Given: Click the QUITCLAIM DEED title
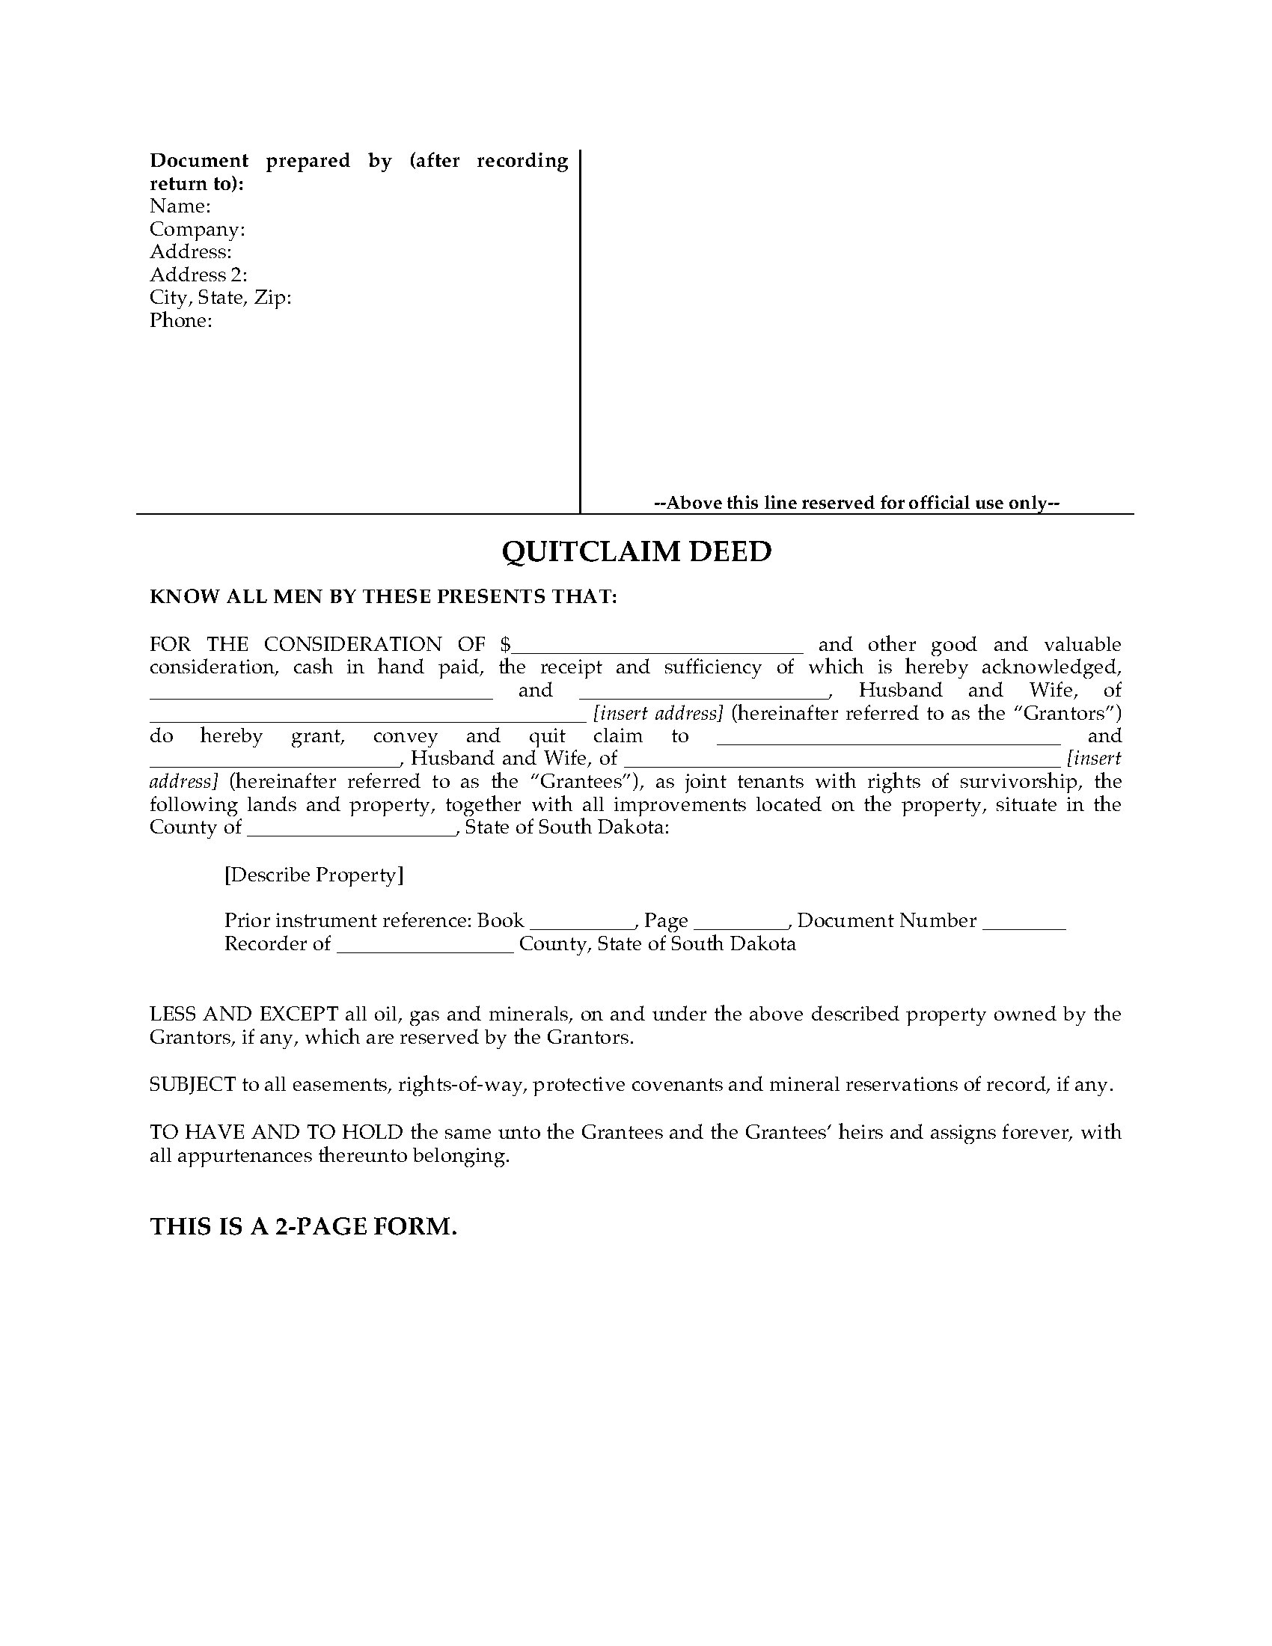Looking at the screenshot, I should click(636, 552).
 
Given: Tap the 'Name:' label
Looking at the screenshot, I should click(180, 206).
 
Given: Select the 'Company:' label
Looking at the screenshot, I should click(198, 229).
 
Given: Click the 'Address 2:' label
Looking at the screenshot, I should click(198, 275).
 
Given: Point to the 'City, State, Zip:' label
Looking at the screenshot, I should click(220, 298).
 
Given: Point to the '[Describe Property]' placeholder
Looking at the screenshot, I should click(314, 875).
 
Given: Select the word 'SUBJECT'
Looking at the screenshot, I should click(193, 1085).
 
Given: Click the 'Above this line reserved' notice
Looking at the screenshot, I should click(857, 503).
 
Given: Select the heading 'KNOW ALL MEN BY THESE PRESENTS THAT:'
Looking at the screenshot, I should click(384, 597).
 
